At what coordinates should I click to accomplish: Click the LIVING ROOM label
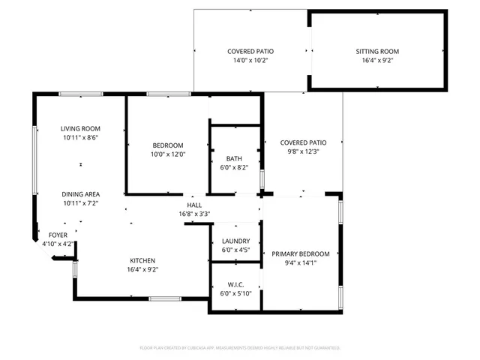80,128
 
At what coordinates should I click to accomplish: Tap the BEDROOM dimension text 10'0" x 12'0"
168,154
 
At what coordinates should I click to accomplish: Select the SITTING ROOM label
377,52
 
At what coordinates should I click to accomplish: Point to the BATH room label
234,158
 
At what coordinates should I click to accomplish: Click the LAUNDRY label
235,241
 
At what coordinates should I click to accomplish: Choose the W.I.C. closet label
235,284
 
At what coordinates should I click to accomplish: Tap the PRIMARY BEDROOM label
301,253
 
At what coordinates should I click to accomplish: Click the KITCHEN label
142,260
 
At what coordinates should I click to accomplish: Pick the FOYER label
58,235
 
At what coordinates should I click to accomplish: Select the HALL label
194,205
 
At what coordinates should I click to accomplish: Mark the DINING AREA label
80,193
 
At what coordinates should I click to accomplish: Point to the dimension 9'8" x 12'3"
303,151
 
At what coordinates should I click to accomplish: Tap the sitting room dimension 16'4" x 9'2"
377,61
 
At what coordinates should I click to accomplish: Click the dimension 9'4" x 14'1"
301,262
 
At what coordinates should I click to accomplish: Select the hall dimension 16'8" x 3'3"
194,214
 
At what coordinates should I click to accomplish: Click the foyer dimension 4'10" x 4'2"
58,244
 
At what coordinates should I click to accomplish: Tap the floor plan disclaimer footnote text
240,348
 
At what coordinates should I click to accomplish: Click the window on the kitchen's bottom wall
164,299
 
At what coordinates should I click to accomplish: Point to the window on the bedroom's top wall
163,94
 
